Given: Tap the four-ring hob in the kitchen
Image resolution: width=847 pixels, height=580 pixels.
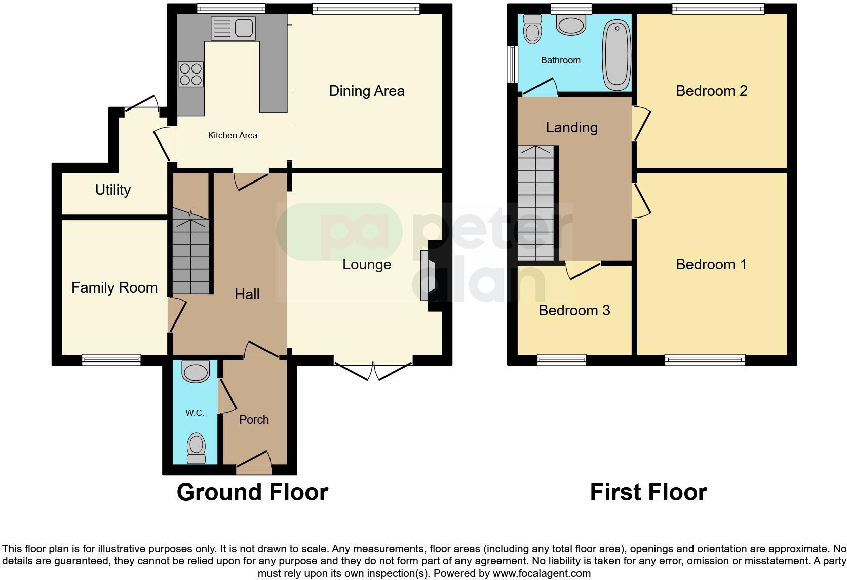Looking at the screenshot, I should pos(190,74).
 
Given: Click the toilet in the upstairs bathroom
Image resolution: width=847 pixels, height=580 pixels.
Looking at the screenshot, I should pos(532,28).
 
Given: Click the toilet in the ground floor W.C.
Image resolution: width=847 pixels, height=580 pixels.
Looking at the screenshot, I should pos(196,449).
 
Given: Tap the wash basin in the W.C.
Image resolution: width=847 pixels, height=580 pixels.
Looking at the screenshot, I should pos(196,372).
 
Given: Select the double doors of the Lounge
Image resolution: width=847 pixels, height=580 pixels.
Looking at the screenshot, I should pos(373,370).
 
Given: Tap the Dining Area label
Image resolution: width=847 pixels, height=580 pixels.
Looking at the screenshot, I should pos(366,91).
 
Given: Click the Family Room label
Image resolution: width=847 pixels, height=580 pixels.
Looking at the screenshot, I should pos(114,288).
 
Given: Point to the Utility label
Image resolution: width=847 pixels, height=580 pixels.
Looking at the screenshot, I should pos(112,190).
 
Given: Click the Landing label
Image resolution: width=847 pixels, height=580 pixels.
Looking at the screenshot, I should pos(571,128).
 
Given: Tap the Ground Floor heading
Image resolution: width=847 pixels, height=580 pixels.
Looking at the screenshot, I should pos(252,492).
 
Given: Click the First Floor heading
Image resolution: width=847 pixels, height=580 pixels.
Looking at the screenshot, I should pos(648,492).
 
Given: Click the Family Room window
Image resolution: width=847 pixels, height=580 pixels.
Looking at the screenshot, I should pos(111,360).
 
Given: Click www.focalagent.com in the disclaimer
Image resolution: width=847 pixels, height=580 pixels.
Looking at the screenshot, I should pos(542,574).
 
